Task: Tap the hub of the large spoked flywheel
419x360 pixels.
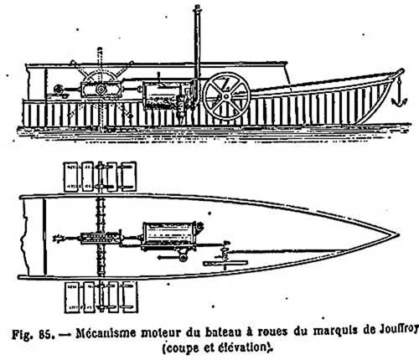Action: pos(226,96)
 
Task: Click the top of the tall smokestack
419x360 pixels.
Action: pos(197,8)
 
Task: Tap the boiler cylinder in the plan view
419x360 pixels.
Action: pos(170,234)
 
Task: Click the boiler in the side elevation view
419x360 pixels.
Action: pos(162,95)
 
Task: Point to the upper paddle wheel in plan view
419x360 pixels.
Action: pos(101,177)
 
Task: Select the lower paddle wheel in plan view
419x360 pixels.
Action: pos(101,297)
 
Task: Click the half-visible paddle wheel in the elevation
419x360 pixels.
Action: pos(101,74)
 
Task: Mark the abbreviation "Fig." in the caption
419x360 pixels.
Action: pos(23,334)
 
